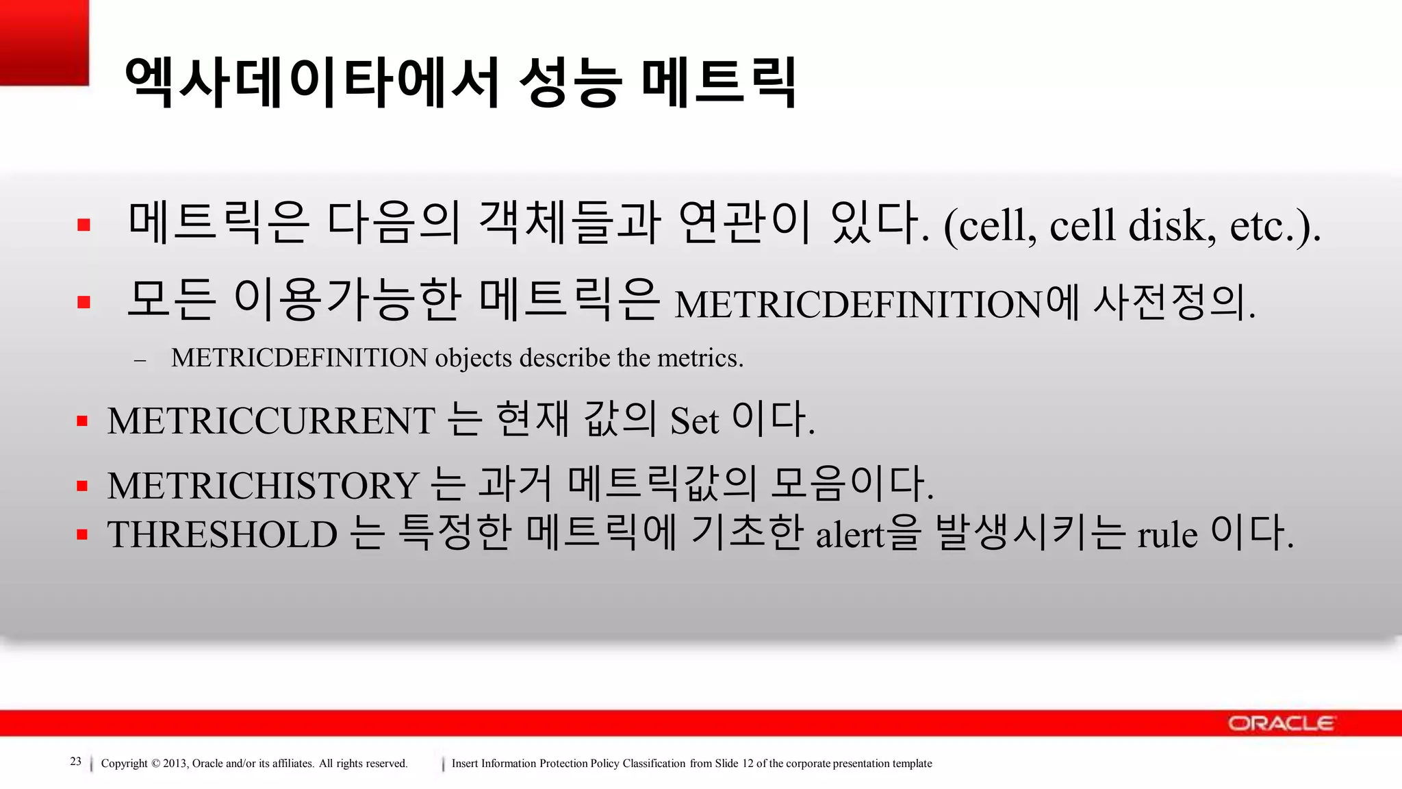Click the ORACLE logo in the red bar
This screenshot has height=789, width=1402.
coord(1280,723)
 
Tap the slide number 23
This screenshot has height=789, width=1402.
coord(75,762)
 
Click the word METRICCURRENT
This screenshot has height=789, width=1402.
coord(271,421)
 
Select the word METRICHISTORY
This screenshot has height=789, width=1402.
coord(263,486)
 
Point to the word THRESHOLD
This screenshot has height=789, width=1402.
coord(222,535)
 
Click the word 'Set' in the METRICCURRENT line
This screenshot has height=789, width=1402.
coord(694,421)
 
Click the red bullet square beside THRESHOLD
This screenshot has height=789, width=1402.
coord(83,535)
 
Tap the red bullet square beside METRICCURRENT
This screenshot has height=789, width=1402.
coord(83,421)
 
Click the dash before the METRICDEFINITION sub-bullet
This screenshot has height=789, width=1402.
coord(140,360)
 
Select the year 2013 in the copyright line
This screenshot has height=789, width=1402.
coord(175,764)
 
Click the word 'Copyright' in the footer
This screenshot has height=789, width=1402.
coord(124,764)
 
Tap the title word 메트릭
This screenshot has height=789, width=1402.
coord(719,82)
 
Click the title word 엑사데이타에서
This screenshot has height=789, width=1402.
coord(311,82)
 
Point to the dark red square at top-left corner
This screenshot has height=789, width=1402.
coord(44,42)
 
